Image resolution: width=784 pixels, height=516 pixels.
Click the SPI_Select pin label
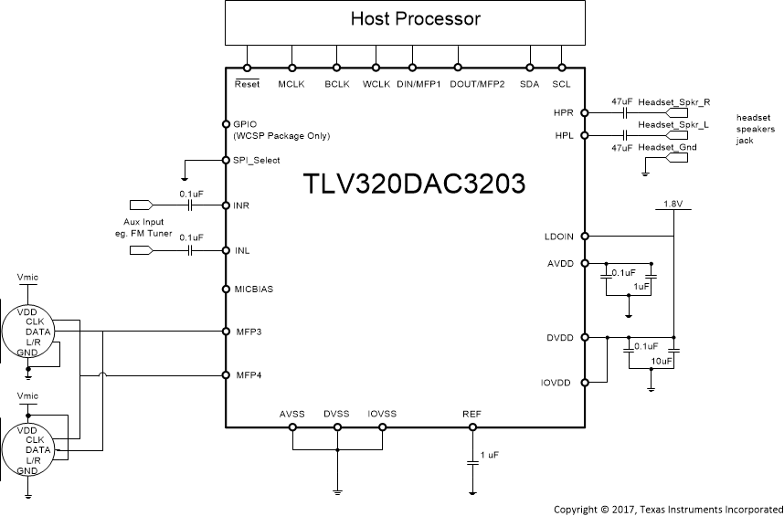(x=257, y=160)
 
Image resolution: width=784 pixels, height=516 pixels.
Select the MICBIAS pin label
(x=254, y=289)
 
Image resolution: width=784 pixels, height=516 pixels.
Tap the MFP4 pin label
(x=249, y=374)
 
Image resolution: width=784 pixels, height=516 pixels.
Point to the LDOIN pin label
(x=558, y=237)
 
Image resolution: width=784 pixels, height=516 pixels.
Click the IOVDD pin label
(x=556, y=383)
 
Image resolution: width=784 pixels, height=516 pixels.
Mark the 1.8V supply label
(x=673, y=203)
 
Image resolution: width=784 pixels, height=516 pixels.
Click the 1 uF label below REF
(x=489, y=454)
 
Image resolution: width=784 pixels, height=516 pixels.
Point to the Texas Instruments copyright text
(x=668, y=508)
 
